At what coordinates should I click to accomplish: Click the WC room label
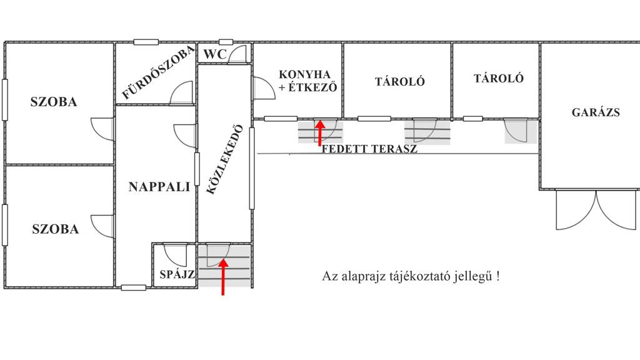coord(214,54)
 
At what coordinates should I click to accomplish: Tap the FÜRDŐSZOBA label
coord(158,73)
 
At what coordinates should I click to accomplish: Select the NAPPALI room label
coord(159,187)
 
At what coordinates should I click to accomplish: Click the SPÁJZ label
coord(177,274)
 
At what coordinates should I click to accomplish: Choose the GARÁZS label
coord(596,112)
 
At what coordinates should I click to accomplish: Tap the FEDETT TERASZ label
coord(369,149)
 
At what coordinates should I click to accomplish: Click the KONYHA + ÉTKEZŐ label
coord(307,81)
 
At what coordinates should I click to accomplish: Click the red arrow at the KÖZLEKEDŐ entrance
coord(223,276)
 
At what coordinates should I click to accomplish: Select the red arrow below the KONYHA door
coord(320,132)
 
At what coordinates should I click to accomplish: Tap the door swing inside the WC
coord(237,54)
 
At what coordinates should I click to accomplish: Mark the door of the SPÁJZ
coord(175,254)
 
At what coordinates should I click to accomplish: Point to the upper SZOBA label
coord(54,102)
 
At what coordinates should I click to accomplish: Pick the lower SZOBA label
coord(56,229)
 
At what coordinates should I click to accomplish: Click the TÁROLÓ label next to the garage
coord(498,78)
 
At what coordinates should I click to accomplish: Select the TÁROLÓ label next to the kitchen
coord(400,82)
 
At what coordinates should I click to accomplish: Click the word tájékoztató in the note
coord(416,277)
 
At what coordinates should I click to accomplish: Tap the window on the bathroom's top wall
coord(146,42)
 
